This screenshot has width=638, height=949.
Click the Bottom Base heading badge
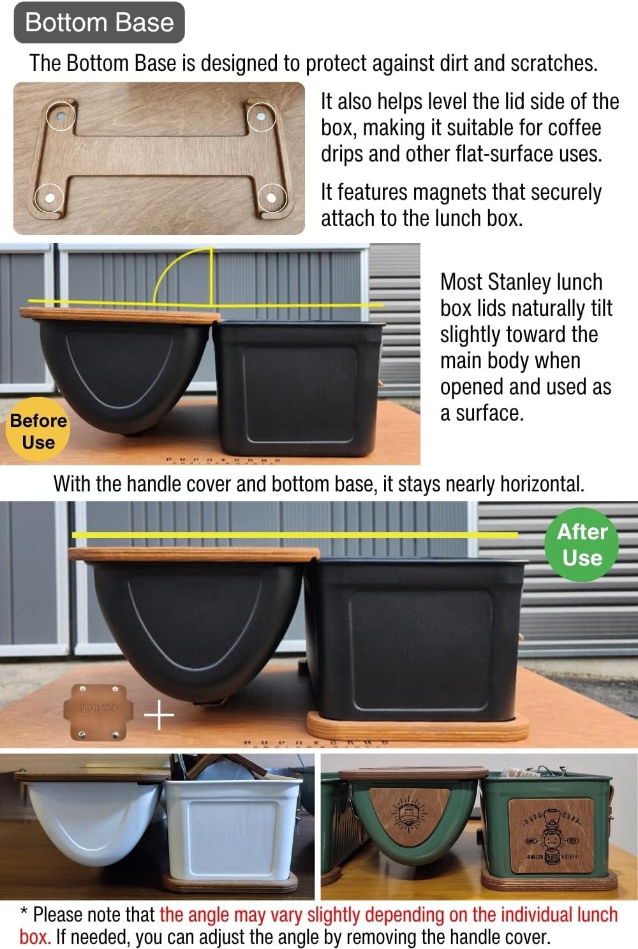pos(99,22)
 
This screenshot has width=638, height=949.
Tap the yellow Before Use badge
pos(38,431)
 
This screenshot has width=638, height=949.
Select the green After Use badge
pos(582,544)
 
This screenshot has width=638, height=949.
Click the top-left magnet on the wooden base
pos(61,117)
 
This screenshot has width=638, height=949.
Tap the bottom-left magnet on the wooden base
pos(49,198)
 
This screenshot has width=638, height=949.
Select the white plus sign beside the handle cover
pos(159,715)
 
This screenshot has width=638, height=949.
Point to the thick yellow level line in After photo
pos(293,534)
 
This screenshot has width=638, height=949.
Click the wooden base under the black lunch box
pos(418,728)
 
